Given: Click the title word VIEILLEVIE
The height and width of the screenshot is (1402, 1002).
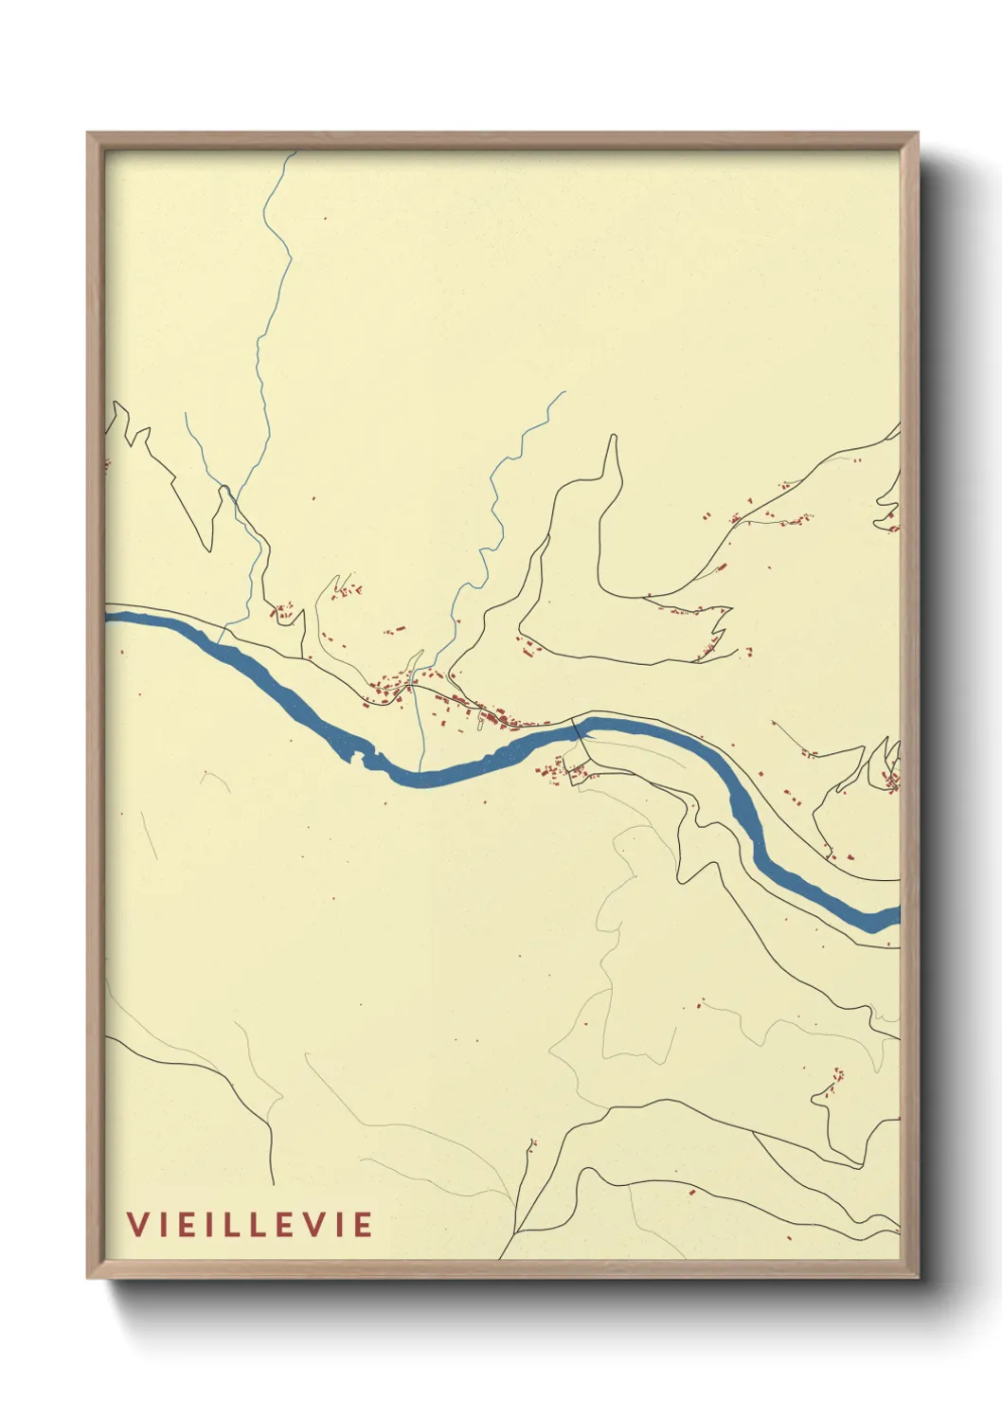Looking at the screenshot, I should [x=250, y=1224].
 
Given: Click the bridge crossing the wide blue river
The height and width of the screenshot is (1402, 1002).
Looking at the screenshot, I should [x=578, y=729].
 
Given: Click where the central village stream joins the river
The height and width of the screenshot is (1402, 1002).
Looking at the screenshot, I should [x=422, y=769].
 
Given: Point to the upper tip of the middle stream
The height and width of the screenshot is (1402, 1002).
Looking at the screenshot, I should [x=564, y=392].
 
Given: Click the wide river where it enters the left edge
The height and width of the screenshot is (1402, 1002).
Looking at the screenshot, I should [x=108, y=618].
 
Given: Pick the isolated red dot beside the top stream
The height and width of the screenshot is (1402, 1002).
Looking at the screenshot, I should [x=325, y=219].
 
